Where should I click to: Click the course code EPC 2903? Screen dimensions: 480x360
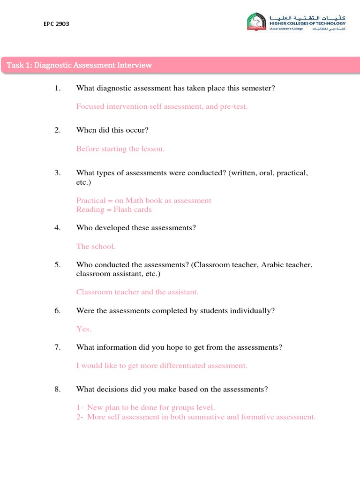click(x=56, y=24)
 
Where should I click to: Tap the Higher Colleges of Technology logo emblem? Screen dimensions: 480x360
click(x=258, y=22)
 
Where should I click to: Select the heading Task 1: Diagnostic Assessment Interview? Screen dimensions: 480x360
click(x=79, y=65)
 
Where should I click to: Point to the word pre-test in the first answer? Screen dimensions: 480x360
click(x=234, y=106)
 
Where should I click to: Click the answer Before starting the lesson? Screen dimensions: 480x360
click(x=120, y=149)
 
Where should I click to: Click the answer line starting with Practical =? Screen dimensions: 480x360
click(x=143, y=200)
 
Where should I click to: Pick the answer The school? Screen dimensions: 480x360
click(x=96, y=246)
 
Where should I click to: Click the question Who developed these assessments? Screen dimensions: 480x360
click(x=136, y=228)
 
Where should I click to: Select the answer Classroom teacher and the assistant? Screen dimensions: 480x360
click(x=137, y=292)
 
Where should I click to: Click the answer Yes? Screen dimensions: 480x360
click(x=83, y=329)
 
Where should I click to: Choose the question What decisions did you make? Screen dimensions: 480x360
click(x=172, y=389)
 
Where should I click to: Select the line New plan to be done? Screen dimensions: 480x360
click(x=145, y=407)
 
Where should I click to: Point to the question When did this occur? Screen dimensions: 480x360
click(x=112, y=130)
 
